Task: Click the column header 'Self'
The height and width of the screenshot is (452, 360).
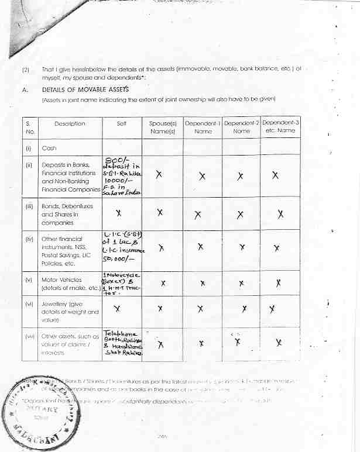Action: point(122,123)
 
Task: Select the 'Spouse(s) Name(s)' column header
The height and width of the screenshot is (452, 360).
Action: point(162,127)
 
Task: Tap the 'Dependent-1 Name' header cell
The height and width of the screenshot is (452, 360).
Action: point(202,127)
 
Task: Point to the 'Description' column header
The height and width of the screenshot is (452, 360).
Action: point(70,123)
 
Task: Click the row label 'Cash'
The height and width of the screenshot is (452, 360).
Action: point(49,149)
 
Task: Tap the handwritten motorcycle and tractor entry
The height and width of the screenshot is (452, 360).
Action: point(122,284)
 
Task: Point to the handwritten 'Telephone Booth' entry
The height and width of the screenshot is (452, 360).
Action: point(122,342)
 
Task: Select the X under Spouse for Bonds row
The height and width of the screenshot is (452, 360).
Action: point(160,214)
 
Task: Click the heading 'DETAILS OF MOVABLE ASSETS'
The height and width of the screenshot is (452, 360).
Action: point(85,90)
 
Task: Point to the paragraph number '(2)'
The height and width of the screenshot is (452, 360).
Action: point(25,70)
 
